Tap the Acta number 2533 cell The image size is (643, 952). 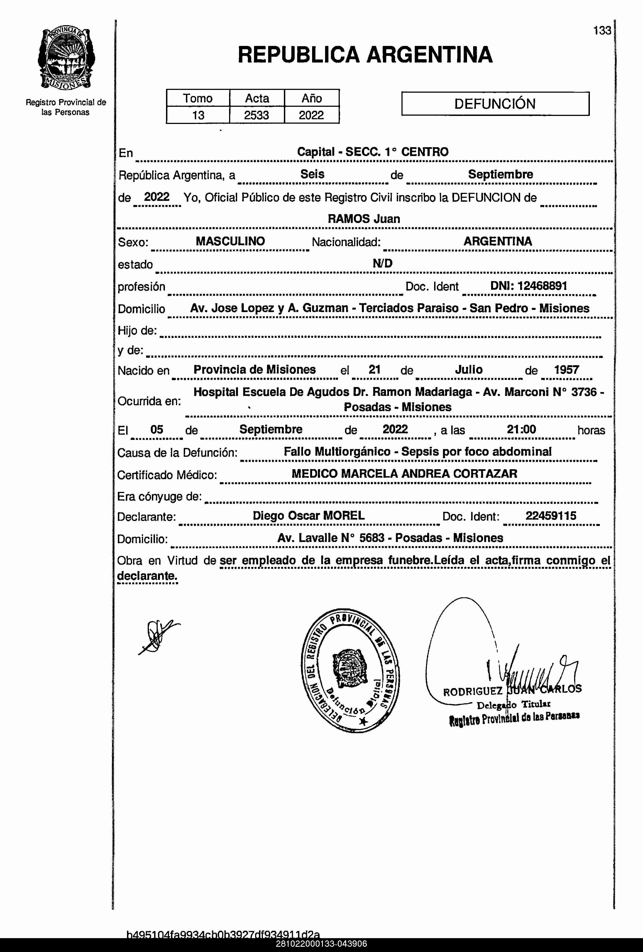coord(256,115)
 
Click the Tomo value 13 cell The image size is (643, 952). coord(198,115)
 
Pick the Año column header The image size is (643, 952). coord(312,98)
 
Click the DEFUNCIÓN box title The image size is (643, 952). coord(495,104)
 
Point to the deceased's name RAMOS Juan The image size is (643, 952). coord(364,219)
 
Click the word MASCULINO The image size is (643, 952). coord(230,241)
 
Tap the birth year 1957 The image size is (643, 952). coord(566,370)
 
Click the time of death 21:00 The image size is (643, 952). coord(521,429)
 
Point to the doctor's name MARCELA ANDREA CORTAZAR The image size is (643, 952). coord(429,474)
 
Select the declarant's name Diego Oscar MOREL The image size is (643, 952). coord(308,515)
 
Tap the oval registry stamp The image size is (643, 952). coord(350,671)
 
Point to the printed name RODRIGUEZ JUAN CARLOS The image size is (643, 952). coord(512,691)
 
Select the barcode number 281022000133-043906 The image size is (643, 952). coord(321,944)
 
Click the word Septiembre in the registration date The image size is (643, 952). coord(501,174)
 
